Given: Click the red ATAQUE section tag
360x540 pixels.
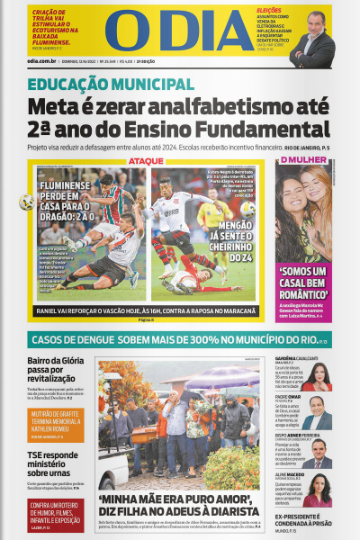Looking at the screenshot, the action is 146,162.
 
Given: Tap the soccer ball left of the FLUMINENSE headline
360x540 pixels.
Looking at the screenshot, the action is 26,202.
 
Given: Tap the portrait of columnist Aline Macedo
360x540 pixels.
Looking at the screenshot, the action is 317,490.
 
